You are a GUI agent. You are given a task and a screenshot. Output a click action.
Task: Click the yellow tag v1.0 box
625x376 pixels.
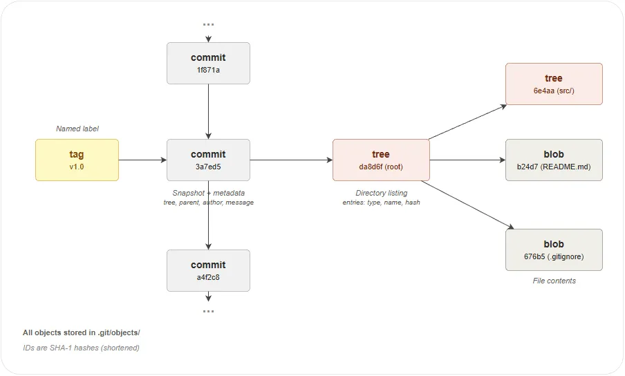coord(77,160)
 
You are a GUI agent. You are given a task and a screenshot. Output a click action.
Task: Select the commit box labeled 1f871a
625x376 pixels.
coord(208,63)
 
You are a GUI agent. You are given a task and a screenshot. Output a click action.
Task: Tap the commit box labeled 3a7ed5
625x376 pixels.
coord(208,160)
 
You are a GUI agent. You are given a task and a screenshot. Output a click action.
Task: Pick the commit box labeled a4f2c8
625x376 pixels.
coord(208,270)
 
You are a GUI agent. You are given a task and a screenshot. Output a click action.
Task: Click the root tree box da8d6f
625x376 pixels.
coord(381,160)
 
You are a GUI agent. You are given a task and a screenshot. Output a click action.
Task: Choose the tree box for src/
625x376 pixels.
coord(554,84)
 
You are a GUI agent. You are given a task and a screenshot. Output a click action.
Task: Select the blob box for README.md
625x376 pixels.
coord(554,160)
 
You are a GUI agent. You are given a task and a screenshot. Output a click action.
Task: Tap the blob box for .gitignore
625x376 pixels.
coord(554,250)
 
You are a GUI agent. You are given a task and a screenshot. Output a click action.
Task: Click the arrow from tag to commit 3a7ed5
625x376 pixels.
coord(142,160)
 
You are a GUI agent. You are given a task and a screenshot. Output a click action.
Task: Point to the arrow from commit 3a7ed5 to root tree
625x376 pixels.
coord(291,160)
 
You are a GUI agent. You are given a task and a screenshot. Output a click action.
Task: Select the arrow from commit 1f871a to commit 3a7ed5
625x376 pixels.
coord(208,111)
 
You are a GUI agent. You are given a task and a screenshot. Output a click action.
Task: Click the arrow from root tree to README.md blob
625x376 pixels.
coord(467,160)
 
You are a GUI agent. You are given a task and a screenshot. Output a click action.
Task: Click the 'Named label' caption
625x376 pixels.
coord(77,129)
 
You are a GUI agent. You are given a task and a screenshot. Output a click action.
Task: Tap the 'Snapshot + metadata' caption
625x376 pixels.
coord(208,193)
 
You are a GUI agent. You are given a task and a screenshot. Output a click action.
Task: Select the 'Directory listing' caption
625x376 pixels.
coord(381,193)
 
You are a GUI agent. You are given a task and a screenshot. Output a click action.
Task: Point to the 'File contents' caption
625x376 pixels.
coord(554,281)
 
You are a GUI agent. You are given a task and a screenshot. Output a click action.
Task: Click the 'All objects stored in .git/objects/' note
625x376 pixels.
coord(81,332)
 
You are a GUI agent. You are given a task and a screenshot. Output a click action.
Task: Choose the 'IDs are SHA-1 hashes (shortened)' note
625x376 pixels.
coord(81,348)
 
